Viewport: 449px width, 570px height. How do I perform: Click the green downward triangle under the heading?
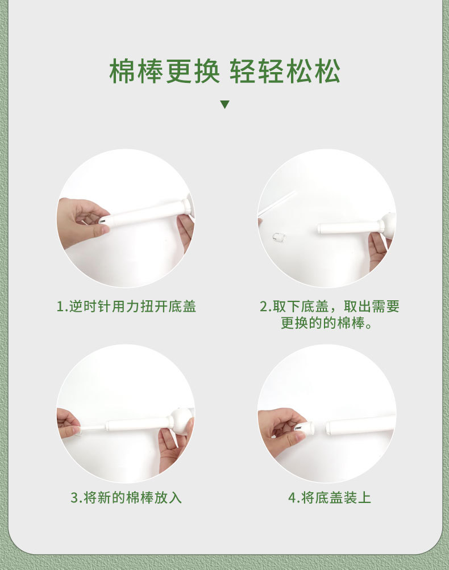point(225,104)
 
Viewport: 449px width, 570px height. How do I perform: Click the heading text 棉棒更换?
point(164,70)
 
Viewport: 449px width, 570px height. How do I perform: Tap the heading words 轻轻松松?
point(285,70)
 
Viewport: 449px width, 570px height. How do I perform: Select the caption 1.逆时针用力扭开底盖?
point(126,307)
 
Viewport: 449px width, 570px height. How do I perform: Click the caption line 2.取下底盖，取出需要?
point(330,307)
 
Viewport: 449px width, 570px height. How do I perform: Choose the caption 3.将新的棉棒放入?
point(126,498)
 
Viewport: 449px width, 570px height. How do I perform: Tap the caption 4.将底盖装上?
point(330,498)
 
